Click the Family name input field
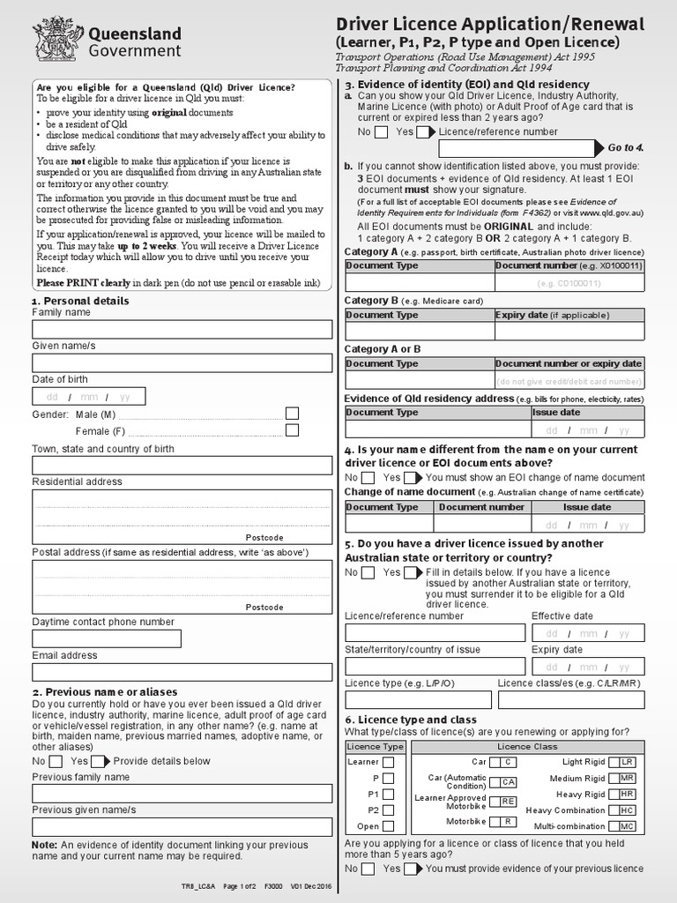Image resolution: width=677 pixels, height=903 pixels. coord(182,330)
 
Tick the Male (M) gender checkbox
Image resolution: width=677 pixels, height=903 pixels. coord(292,414)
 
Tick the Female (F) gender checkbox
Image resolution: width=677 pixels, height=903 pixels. coord(292,430)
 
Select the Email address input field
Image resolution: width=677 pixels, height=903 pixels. coord(182,671)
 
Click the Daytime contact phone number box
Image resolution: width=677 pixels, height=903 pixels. coord(107,638)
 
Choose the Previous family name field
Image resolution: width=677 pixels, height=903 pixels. coord(182,793)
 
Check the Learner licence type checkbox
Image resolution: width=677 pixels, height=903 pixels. coord(389,762)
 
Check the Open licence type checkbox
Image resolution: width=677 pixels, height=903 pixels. coord(389,826)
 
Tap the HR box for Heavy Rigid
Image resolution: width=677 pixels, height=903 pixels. coord(627,794)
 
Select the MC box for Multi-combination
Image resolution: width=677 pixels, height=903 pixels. coord(627,826)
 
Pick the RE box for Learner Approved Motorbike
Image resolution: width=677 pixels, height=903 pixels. coord(508,801)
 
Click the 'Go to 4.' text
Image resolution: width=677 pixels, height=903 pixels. coord(626,148)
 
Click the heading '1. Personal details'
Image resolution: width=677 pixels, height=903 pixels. coord(80,301)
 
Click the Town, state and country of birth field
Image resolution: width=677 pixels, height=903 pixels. coord(182,466)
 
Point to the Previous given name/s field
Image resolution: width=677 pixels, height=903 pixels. coord(182,826)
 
